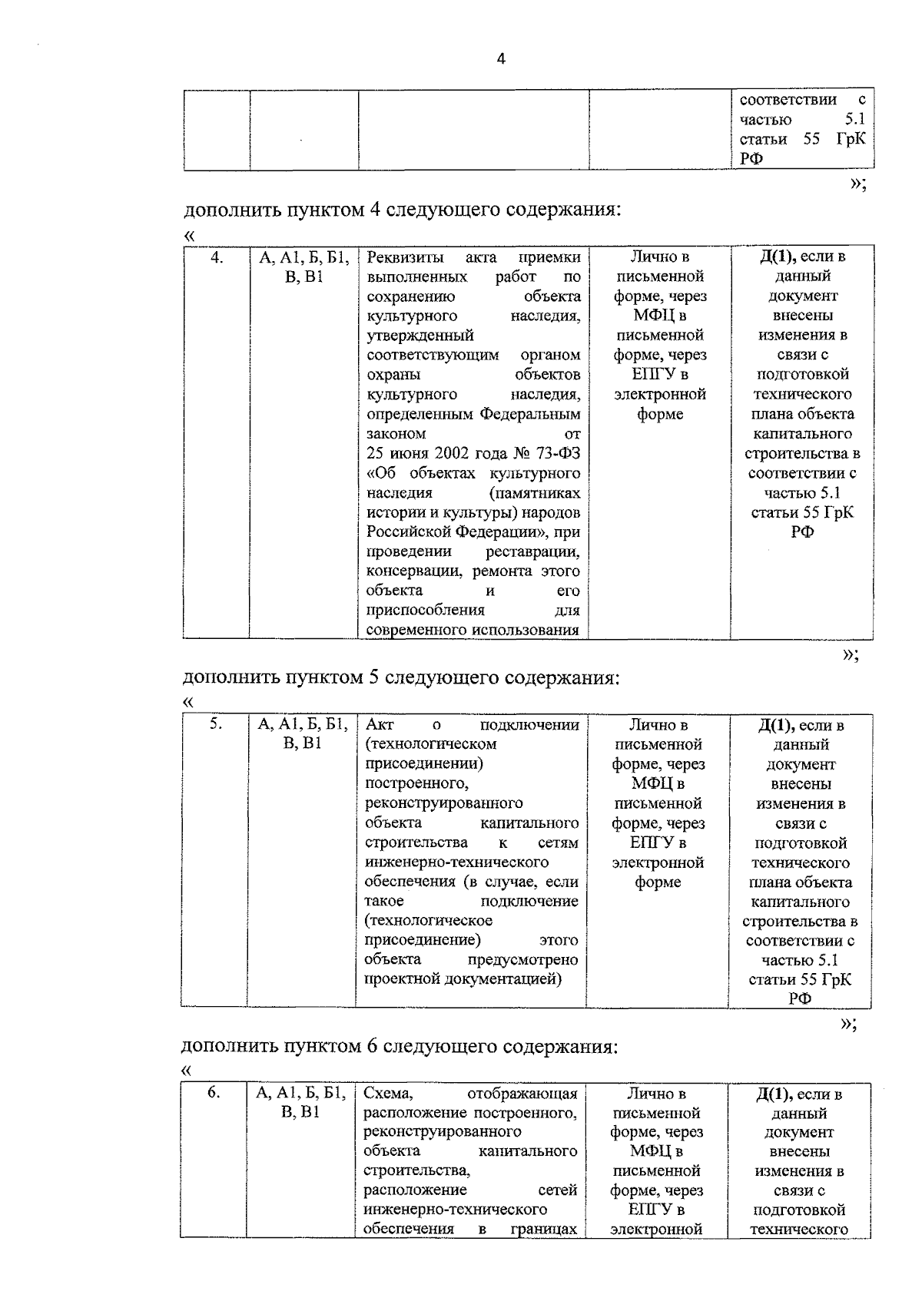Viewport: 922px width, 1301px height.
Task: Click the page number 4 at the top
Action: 501,60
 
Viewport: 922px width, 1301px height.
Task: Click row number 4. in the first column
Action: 217,258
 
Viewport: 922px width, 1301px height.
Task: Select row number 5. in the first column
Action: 215,723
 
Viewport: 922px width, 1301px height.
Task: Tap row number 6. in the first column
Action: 214,1092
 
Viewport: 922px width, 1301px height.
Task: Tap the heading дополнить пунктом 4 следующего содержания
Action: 401,210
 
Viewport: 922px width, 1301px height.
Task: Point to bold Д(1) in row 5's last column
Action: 774,725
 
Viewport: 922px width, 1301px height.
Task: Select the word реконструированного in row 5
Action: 443,803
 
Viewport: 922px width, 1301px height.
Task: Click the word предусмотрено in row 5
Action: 522,960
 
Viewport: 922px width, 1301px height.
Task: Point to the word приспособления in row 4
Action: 425,611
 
